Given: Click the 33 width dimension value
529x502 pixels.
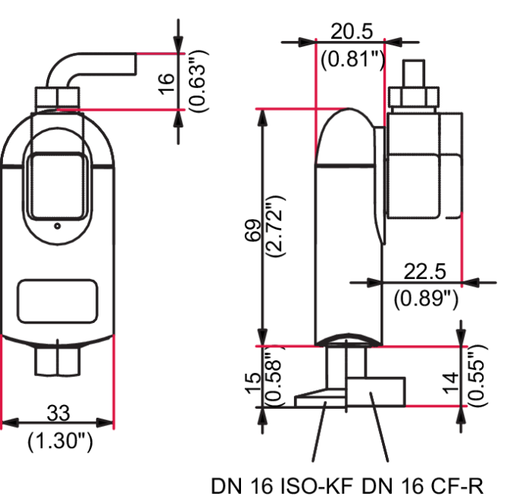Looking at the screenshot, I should coord(58,414).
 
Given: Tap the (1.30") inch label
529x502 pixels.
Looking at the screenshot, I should coord(59,442).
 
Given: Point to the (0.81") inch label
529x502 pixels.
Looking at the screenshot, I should coord(351,59).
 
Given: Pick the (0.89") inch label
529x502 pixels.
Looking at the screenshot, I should coord(427,298).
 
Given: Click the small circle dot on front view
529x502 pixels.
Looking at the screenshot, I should coord(57,226).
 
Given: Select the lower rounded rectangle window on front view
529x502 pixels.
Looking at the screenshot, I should coord(57,302).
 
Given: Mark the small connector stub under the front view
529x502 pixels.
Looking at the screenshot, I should coord(58,359).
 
